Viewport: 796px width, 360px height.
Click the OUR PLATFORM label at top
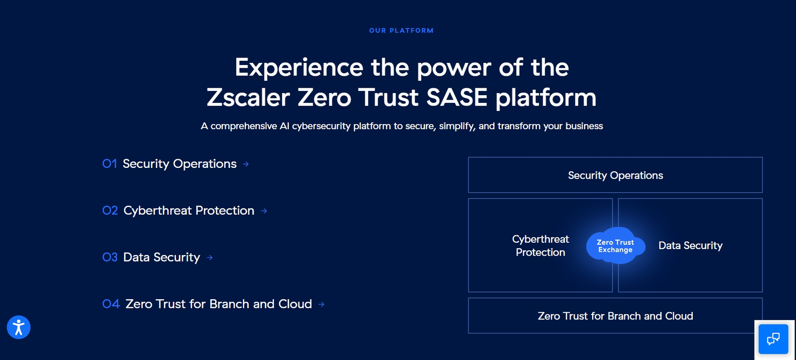[401, 31]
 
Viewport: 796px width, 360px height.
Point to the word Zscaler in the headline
[248, 97]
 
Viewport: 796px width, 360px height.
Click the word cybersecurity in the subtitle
[322, 126]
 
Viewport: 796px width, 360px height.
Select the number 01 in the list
[110, 164]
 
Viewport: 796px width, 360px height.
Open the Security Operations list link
[180, 164]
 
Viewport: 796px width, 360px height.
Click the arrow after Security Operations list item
[246, 164]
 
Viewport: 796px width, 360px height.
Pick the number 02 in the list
[110, 210]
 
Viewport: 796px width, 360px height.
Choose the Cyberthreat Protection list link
[189, 210]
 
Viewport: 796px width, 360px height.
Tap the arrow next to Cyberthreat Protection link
[264, 211]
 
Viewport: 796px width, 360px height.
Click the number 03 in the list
[110, 257]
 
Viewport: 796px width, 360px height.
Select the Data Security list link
[161, 257]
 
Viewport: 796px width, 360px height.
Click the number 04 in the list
[111, 304]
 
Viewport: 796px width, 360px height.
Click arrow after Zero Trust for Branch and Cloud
[321, 305]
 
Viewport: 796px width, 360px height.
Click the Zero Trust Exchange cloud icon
[615, 245]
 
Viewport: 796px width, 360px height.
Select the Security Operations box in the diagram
[615, 175]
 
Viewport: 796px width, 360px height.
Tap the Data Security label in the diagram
[690, 245]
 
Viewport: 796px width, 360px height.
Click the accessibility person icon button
[19, 327]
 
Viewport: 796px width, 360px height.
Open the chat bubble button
[773, 338]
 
